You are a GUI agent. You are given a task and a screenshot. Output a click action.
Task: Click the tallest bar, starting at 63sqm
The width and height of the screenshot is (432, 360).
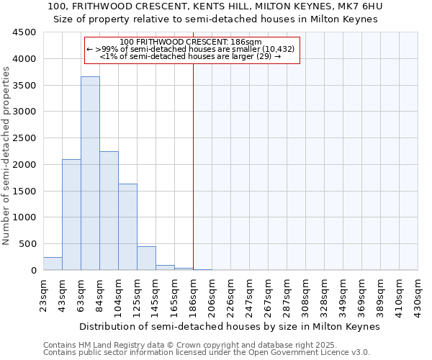click(x=90, y=173)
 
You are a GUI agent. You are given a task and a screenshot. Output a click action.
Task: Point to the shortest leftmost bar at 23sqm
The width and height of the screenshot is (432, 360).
click(x=53, y=264)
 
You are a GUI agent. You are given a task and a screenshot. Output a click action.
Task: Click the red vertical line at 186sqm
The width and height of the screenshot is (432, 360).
click(x=193, y=180)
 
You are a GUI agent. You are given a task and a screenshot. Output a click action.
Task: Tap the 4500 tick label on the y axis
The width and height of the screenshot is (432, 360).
click(x=24, y=32)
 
